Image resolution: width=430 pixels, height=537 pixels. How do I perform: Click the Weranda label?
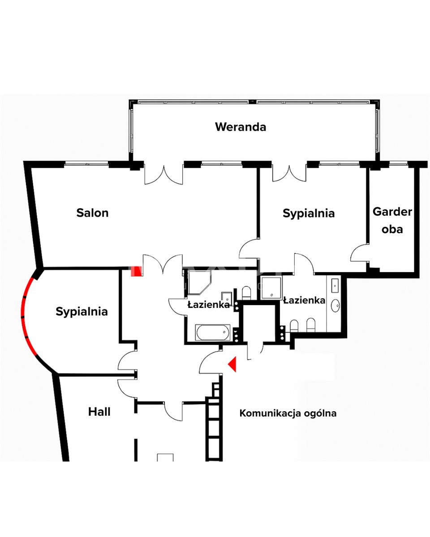coord(241,127)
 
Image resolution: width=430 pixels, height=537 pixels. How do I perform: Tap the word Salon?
coord(92,213)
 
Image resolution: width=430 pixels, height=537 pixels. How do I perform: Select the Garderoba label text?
coord(392,220)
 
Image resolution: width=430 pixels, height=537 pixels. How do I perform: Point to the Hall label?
coord(99,412)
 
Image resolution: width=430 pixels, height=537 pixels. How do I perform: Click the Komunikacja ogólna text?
coord(288,413)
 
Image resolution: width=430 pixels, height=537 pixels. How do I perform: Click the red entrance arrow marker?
coord(232,364)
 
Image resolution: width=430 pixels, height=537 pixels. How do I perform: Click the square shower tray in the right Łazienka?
coord(272,287)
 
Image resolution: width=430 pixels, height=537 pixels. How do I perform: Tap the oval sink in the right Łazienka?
coord(335,306)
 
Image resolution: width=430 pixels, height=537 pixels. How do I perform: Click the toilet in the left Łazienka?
coord(246,293)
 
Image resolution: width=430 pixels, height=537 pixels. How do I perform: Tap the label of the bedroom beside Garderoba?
coord(309,213)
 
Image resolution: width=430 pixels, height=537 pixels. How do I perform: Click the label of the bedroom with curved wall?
coord(82,311)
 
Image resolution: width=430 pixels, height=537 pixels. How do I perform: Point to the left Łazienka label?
coord(208,305)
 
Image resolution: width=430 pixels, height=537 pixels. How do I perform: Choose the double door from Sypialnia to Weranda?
coord(289,174)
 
